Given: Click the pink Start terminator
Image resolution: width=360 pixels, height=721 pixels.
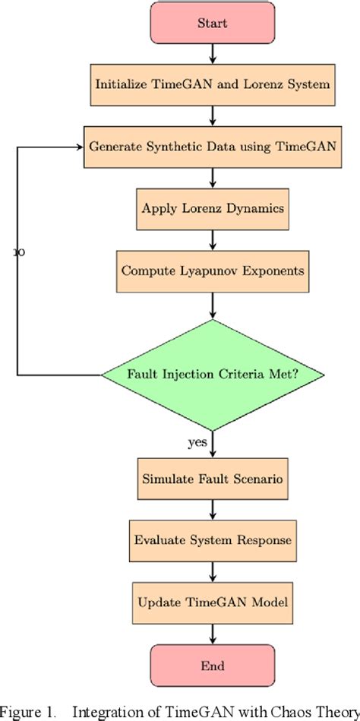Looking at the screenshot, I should tap(213, 23).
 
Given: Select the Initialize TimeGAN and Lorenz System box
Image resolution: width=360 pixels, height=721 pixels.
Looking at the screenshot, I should tap(213, 84).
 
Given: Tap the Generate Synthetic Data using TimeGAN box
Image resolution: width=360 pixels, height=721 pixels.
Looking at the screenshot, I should tap(213, 146).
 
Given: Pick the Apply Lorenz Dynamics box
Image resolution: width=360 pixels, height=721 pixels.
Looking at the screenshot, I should tap(213, 207).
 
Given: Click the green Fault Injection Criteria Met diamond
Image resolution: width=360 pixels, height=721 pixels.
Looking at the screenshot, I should tap(213, 375).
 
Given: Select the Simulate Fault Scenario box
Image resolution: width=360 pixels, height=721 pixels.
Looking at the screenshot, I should tap(213, 479).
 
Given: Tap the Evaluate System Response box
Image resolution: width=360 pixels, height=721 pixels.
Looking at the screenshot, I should tap(213, 541).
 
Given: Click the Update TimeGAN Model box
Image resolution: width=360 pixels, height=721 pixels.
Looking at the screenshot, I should tap(213, 602).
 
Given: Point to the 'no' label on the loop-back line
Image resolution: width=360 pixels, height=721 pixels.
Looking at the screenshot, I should tap(20, 252).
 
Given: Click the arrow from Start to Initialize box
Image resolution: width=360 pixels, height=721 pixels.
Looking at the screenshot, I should tap(213, 53).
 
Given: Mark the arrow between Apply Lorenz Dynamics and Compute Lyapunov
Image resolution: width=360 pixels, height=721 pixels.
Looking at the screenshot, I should tap(213, 239).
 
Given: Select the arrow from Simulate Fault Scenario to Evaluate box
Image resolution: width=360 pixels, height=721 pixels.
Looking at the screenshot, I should tap(213, 510).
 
